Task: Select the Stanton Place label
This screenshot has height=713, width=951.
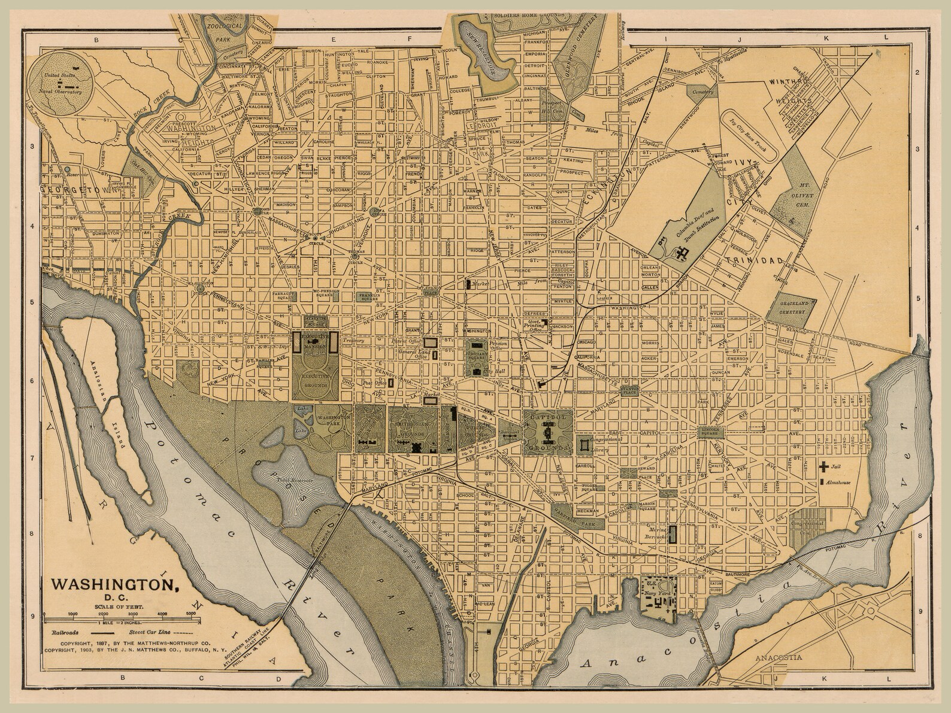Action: (x=630, y=390)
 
